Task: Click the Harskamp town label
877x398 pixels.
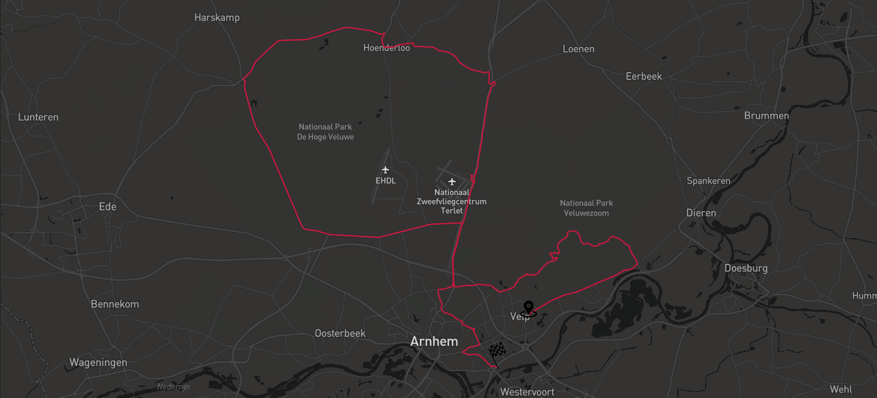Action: pyautogui.click(x=216, y=17)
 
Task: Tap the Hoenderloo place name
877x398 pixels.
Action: pyautogui.click(x=386, y=48)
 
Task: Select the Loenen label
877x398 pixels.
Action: pyautogui.click(x=578, y=49)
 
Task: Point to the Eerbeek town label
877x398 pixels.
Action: pyautogui.click(x=643, y=76)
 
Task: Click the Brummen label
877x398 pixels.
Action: pyautogui.click(x=766, y=116)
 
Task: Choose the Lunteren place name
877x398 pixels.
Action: pyautogui.click(x=38, y=117)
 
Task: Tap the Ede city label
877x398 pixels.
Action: pyautogui.click(x=108, y=206)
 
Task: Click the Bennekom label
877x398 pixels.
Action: pyautogui.click(x=114, y=304)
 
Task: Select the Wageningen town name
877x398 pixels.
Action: pyautogui.click(x=98, y=363)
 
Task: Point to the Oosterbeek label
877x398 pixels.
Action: pyautogui.click(x=340, y=333)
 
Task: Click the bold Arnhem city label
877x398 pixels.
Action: pyautogui.click(x=434, y=342)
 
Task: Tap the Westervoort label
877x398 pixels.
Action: pyautogui.click(x=527, y=392)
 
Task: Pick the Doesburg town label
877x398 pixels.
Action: pyautogui.click(x=745, y=268)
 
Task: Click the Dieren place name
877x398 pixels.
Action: pyautogui.click(x=701, y=213)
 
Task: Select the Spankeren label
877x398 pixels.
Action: pyautogui.click(x=708, y=181)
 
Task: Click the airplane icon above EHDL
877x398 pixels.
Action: pyautogui.click(x=386, y=169)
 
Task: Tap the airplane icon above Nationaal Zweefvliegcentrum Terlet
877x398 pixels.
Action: pyautogui.click(x=452, y=181)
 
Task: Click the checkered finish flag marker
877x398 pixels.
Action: pyautogui.click(x=497, y=351)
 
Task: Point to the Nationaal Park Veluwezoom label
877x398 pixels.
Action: pyautogui.click(x=586, y=208)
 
